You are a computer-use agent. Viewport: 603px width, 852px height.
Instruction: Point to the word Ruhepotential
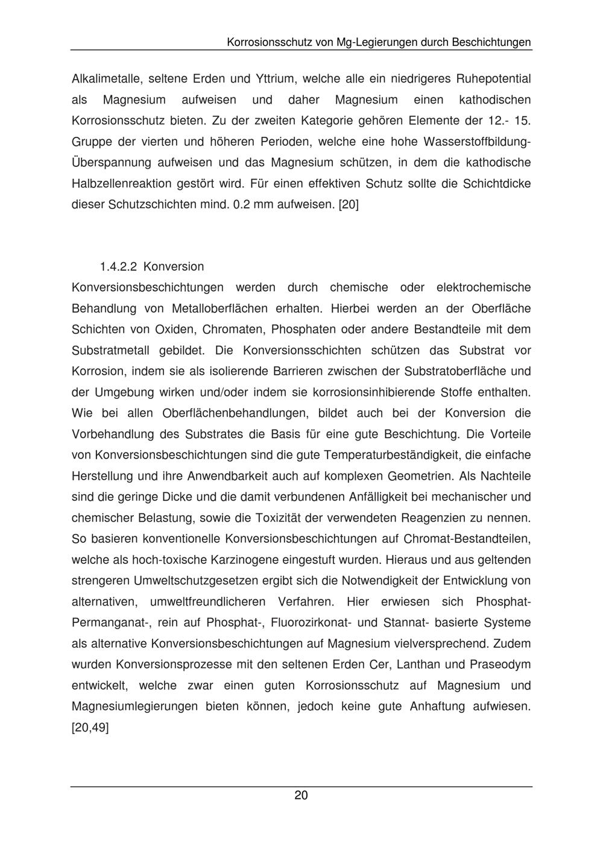[493, 79]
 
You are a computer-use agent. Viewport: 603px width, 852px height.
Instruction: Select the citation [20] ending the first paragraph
[349, 205]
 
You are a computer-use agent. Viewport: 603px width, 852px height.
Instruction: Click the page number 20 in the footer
[301, 795]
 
